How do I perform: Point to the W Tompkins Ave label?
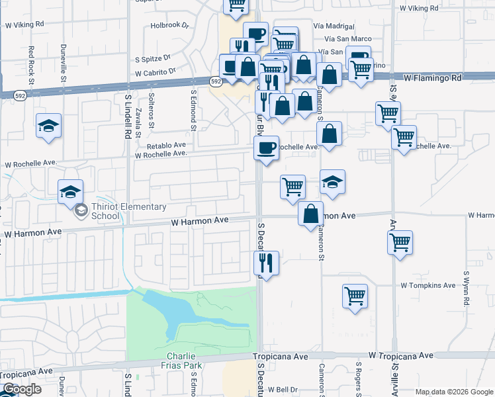[428, 285]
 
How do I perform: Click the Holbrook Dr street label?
[169, 26]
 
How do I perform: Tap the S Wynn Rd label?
[466, 287]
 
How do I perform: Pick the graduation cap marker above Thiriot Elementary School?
[70, 192]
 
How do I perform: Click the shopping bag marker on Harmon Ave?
[310, 214]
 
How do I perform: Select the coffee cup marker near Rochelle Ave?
[267, 148]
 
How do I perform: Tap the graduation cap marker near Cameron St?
[332, 181]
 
